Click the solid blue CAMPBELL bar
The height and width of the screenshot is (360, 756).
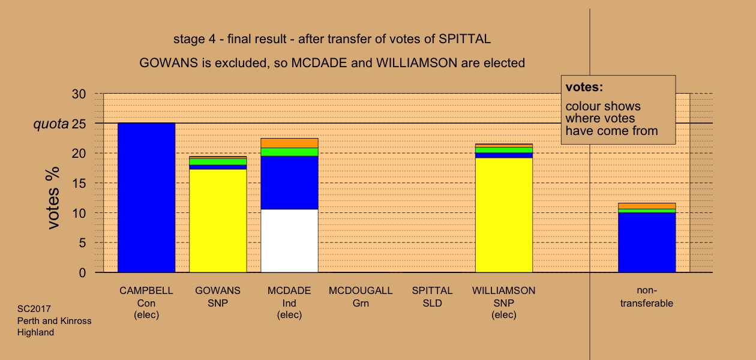146,197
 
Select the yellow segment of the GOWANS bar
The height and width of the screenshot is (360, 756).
218,221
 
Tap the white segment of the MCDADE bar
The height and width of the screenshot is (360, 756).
290,241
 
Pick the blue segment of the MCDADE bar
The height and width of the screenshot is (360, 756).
290,182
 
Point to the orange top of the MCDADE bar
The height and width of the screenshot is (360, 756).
290,143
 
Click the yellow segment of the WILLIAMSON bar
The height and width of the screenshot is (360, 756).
504,215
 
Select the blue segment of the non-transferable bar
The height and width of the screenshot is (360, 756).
647,242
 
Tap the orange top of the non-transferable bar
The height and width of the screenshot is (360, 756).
647,206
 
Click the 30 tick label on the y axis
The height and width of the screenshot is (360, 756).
79,94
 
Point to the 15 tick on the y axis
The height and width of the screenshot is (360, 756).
79,183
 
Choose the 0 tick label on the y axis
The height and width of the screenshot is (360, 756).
82,272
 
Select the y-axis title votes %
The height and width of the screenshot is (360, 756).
53,198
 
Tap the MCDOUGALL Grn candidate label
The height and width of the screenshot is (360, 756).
361,296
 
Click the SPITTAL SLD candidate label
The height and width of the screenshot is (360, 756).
433,296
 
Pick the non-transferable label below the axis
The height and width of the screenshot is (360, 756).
647,296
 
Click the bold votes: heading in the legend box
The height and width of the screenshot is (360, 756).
584,87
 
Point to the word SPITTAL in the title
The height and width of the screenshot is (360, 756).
465,39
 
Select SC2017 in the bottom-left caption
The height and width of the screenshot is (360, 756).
34,309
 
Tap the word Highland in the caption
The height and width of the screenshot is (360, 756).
35,332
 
